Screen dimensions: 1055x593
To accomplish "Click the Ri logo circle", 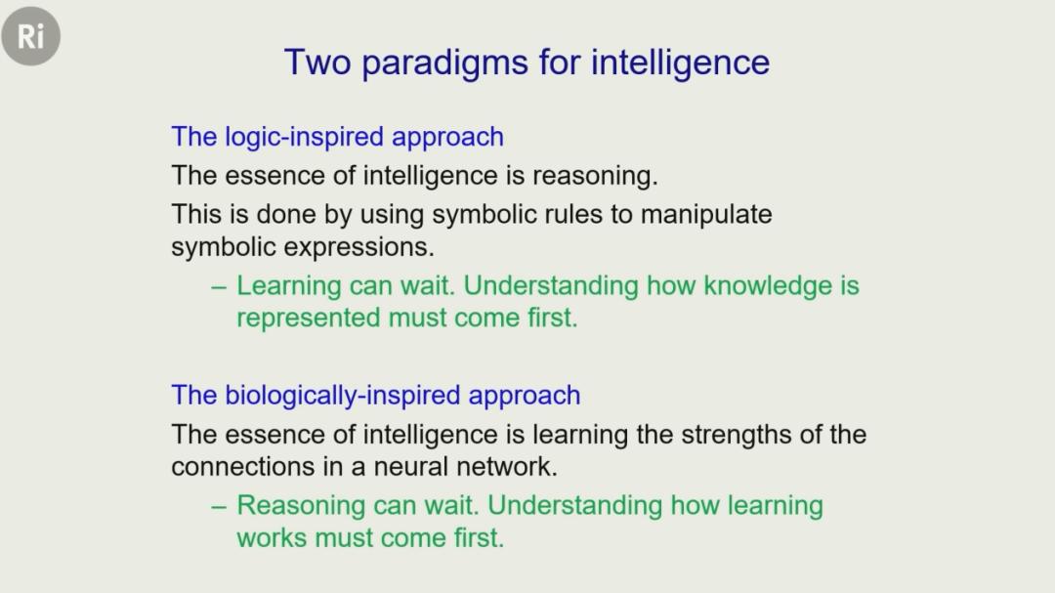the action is click(x=31, y=36).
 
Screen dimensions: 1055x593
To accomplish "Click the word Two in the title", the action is click(x=317, y=63).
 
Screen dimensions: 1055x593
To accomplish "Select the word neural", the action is click(x=410, y=466).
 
